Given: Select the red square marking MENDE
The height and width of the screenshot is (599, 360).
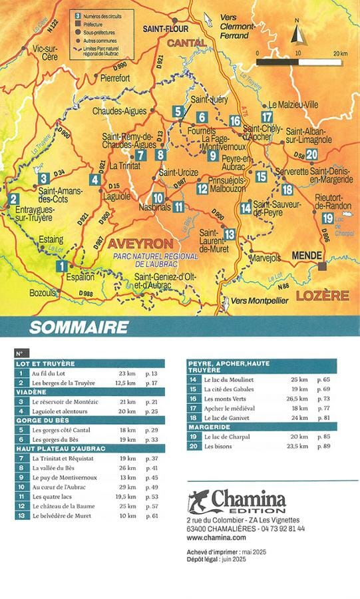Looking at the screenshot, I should tap(323, 266).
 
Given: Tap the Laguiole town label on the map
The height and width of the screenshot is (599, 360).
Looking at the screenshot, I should tap(116, 196).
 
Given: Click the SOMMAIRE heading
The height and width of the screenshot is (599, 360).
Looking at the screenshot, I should tap(79, 327).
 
